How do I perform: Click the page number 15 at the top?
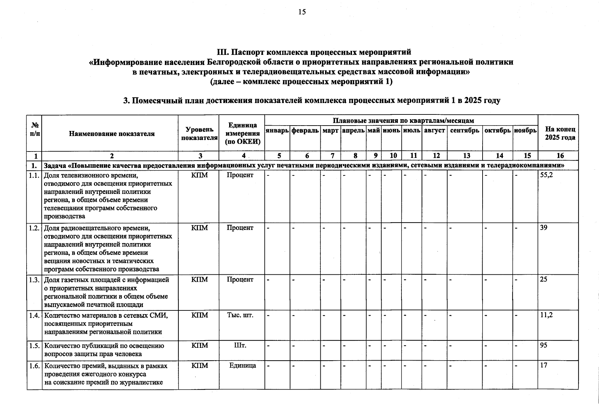click(302, 12)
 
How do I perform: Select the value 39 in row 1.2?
click(544, 228)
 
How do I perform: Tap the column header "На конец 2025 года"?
click(560, 133)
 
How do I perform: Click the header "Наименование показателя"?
click(112, 134)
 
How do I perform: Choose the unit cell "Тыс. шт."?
click(240, 315)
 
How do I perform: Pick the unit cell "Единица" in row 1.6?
click(242, 366)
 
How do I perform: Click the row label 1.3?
click(34, 280)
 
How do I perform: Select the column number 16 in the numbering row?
click(560, 156)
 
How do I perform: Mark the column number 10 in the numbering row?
click(393, 156)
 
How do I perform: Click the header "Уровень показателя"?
click(199, 134)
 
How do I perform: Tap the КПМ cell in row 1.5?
click(200, 345)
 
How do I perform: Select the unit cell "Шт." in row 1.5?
click(240, 345)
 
